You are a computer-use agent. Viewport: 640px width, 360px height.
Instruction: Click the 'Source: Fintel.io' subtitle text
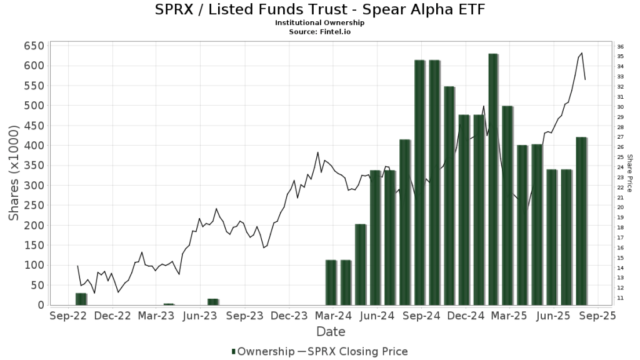[x=319, y=31]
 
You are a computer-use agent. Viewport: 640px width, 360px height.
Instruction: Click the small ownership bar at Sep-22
[x=81, y=299]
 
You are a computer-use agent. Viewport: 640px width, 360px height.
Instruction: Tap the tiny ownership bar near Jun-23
[x=213, y=302]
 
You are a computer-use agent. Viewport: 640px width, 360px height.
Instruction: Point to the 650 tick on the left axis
[x=34, y=46]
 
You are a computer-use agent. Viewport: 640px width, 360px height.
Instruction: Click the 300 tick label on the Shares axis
[x=34, y=186]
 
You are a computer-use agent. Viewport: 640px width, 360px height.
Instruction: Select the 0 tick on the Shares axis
[x=40, y=305]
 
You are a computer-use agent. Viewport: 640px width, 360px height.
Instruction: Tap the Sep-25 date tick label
[x=598, y=316]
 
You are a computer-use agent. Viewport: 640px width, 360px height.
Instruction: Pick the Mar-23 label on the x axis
[x=156, y=316]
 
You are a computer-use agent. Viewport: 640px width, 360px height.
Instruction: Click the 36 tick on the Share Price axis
[x=619, y=47]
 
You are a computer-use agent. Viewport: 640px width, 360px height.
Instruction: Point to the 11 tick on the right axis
[x=619, y=298]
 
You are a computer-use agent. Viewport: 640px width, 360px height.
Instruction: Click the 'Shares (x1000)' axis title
[x=14, y=172]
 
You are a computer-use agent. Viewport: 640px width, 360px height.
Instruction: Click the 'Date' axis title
[x=331, y=332]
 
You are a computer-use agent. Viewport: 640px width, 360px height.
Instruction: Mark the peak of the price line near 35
[x=582, y=53]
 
